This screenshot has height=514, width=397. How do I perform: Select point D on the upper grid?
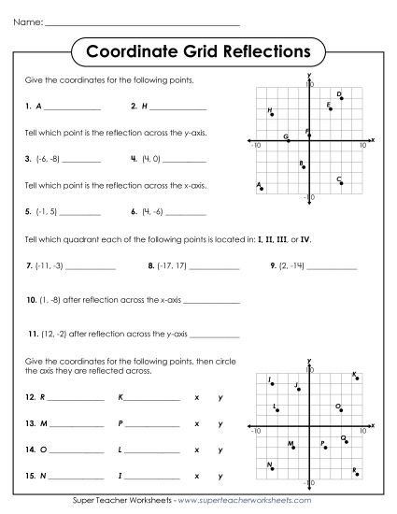(x=342, y=96)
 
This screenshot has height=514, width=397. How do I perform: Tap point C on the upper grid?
(x=342, y=182)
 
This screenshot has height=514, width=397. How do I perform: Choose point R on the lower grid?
(x=356, y=470)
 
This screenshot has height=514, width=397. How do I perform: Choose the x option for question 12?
(x=196, y=398)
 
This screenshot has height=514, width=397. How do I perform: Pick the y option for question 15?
(x=220, y=477)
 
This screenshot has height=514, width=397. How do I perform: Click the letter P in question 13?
(x=121, y=424)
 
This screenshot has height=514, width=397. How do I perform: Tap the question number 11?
(x=32, y=334)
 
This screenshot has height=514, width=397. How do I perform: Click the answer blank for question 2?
(x=168, y=107)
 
